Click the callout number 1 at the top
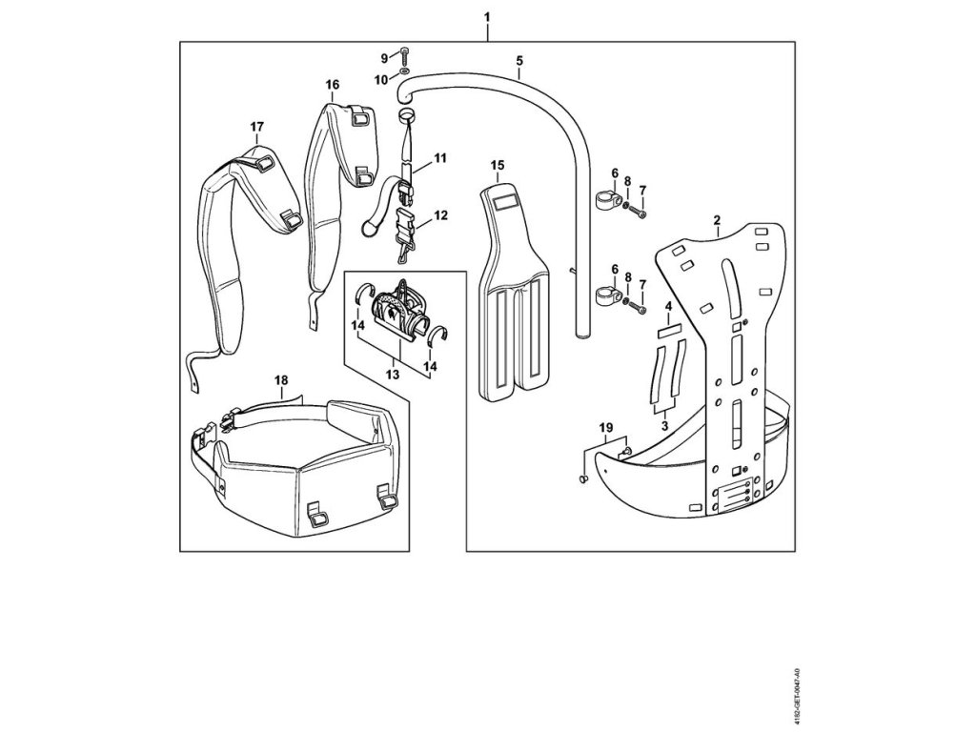click(487, 18)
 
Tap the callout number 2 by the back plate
click(716, 220)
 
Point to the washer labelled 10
click(405, 71)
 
